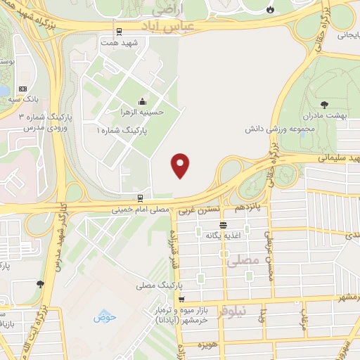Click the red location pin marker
click(x=181, y=166)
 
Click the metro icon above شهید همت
click(x=119, y=31)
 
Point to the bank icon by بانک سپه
click(x=22, y=89)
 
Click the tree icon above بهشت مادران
click(x=323, y=103)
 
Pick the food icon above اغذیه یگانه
click(x=223, y=225)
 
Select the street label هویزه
click(x=206, y=346)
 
